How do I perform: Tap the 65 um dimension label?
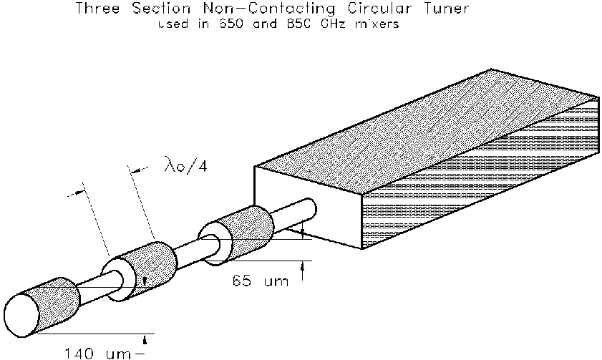click(x=261, y=281)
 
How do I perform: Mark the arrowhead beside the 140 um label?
click(x=146, y=336)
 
